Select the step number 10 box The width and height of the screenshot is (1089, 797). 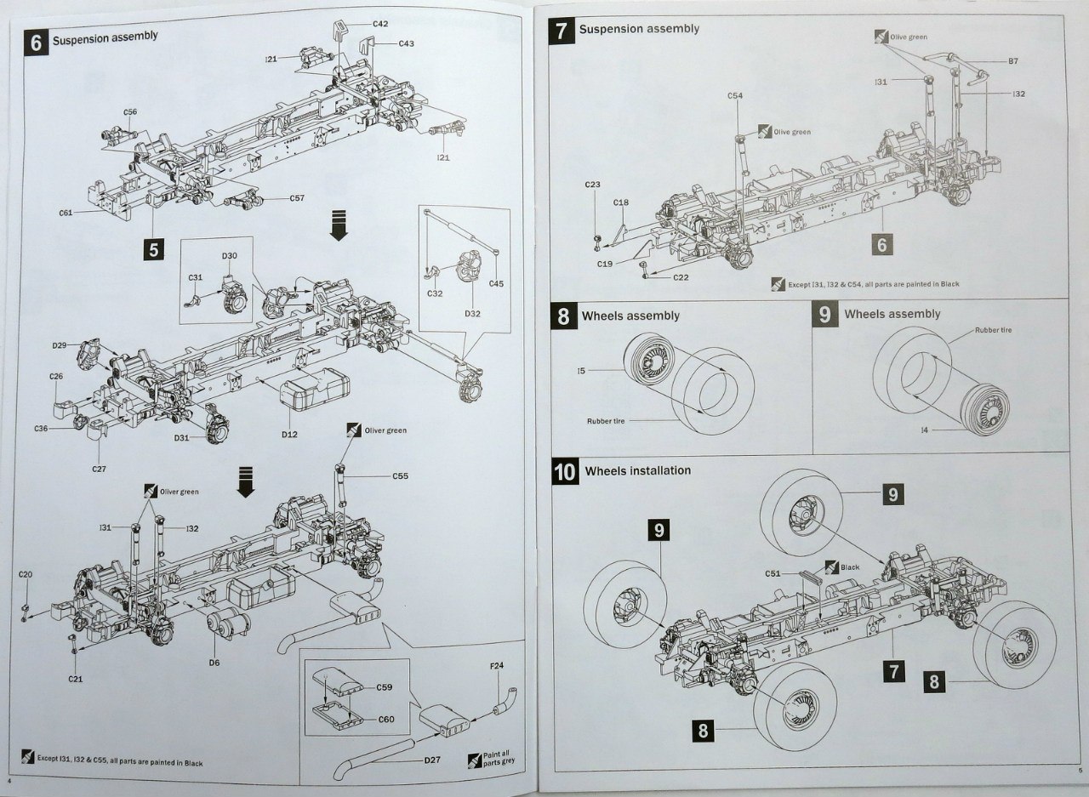pos(566,472)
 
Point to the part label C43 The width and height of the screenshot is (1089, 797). pos(405,43)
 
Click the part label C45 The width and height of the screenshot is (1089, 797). pos(496,283)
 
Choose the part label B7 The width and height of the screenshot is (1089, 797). pos(1013,61)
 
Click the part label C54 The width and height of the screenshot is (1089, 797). pos(735,95)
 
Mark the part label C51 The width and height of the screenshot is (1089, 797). pos(773,573)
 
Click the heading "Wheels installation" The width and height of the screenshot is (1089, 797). pos(638,470)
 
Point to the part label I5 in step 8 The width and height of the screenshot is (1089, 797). pos(580,371)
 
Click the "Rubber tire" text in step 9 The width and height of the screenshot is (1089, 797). pos(993,330)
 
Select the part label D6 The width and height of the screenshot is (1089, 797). pos(214,663)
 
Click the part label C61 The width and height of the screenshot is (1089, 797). pos(66,213)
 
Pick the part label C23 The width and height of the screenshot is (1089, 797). pos(593,185)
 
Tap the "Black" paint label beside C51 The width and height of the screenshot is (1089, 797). pos(850,566)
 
